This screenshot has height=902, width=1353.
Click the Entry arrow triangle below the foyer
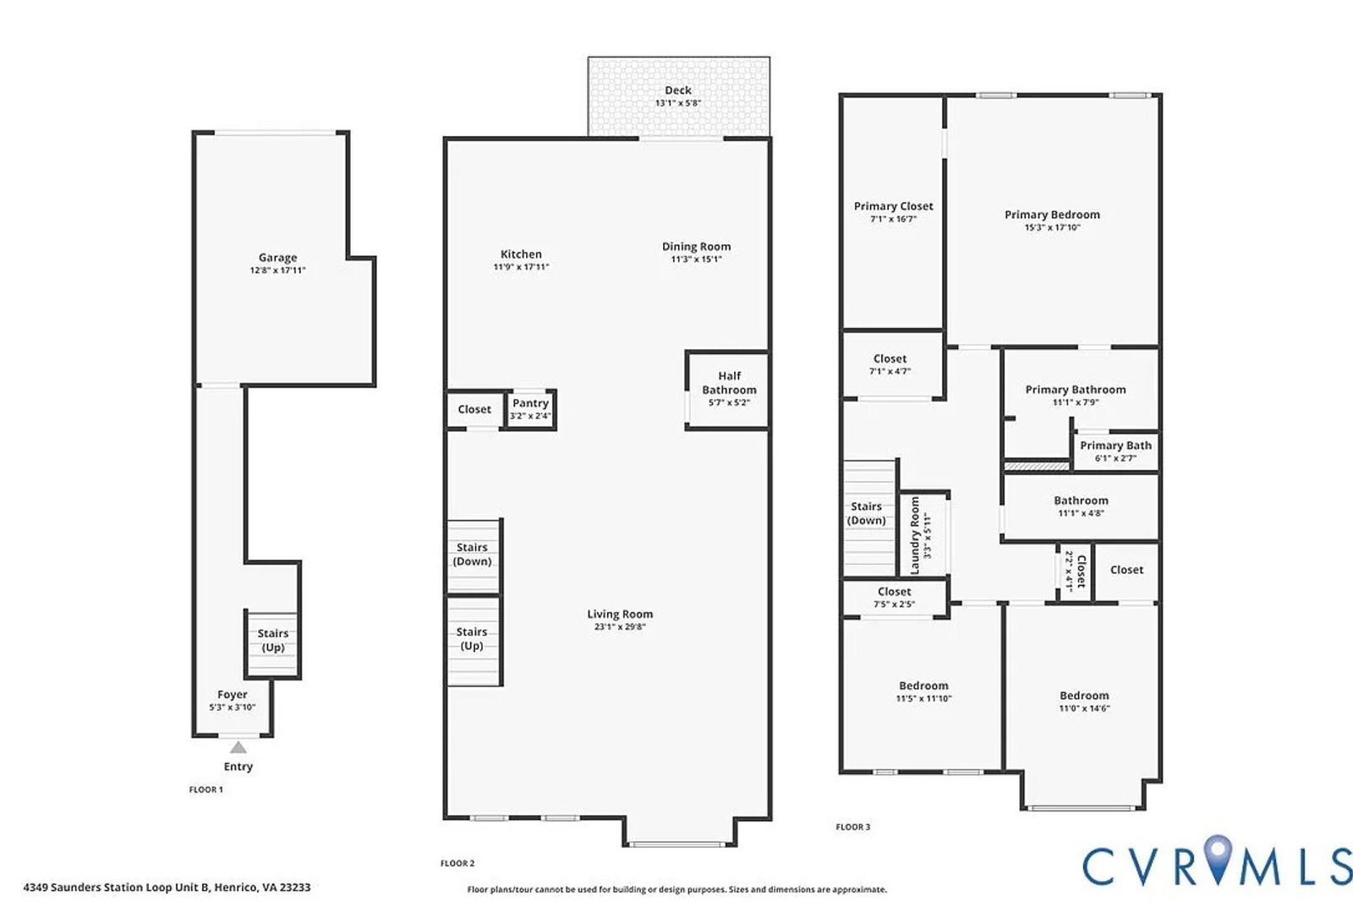pos(238,747)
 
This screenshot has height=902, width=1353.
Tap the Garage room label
pos(278,258)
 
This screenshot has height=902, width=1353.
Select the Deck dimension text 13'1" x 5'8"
pos(678,103)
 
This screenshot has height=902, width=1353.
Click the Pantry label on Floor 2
pos(530,403)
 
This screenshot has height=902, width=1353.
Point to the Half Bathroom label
pos(729,383)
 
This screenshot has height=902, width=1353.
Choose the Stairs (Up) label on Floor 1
pos(273,640)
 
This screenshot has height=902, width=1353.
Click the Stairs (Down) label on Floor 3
pos(866,513)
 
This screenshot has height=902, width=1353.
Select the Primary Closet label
pos(893,206)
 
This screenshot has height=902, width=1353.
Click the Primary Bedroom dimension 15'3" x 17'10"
pos(1052,227)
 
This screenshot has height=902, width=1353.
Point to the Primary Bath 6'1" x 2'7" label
pos(1115,451)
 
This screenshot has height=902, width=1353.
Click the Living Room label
pos(620,614)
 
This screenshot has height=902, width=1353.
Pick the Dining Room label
pos(697,246)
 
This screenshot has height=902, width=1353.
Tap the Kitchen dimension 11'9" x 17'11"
pos(521,267)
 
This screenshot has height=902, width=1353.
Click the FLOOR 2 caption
pos(457,863)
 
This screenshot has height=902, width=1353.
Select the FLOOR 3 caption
pos(853,827)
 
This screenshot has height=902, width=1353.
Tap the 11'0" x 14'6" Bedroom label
pos(1084,702)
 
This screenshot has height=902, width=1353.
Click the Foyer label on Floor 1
pos(233,695)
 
